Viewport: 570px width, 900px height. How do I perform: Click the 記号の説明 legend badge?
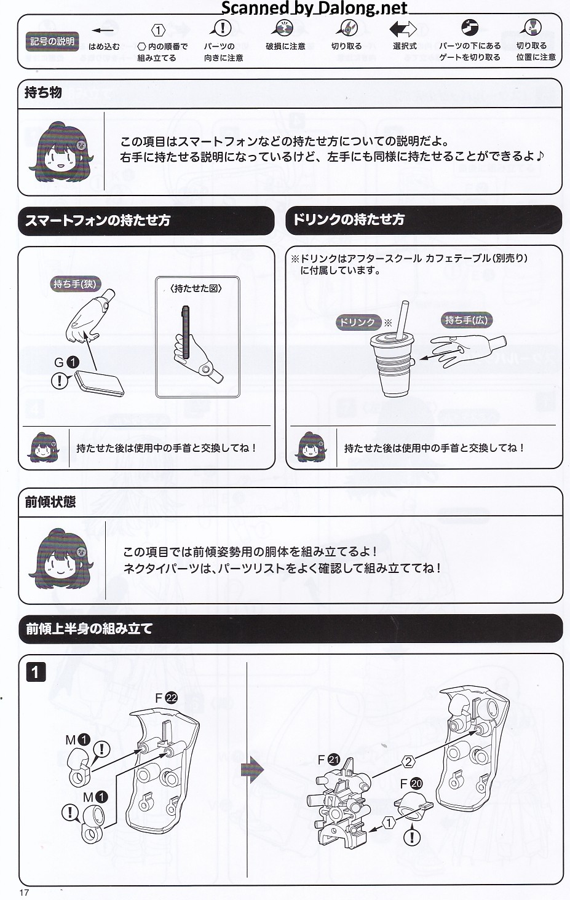[52, 41]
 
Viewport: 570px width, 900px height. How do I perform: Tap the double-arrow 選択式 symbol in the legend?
[403, 30]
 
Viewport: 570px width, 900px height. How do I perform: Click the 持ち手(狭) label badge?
[75, 284]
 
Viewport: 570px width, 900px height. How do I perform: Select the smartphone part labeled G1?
[99, 383]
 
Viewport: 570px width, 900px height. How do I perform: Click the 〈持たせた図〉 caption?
[196, 288]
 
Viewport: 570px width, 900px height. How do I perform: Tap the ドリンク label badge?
[357, 322]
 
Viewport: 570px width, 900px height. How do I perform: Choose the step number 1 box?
[36, 672]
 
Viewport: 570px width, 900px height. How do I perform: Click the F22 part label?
[166, 698]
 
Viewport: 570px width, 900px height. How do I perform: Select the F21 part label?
[328, 760]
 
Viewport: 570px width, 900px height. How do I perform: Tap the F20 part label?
[411, 783]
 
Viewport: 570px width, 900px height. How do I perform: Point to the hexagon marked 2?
[408, 762]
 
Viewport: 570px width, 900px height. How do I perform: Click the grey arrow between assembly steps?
[252, 770]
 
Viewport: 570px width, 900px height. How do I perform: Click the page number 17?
[24, 892]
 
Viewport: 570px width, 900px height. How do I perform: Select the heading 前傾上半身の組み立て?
[89, 628]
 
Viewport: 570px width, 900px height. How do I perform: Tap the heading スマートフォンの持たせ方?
[98, 220]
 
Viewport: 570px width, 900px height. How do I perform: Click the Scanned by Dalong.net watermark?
[314, 7]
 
